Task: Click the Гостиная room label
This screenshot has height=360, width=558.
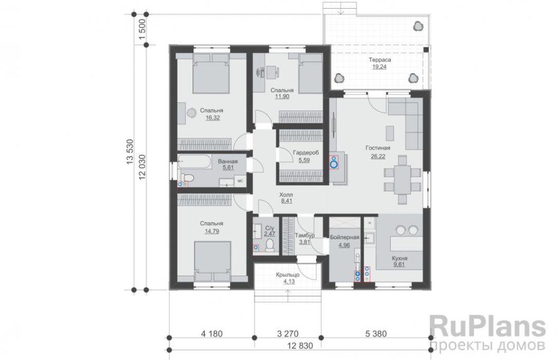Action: point(378,148)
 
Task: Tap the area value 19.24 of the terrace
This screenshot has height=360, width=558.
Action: point(379,67)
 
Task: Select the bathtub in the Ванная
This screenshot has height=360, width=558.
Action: point(195,162)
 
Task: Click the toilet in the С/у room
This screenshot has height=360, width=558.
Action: point(270,245)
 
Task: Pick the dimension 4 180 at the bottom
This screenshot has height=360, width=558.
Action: point(212,334)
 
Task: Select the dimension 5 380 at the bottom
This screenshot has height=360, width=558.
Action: point(376,334)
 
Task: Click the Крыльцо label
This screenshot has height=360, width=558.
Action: point(288,274)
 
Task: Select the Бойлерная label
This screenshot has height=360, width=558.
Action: point(344,237)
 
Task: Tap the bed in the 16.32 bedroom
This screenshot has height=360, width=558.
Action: point(211,73)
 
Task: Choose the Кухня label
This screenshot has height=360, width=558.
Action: point(399,258)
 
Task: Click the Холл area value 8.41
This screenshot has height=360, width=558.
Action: point(287,201)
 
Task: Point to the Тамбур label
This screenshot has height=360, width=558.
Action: point(305,235)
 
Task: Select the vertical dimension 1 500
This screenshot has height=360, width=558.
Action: point(142,30)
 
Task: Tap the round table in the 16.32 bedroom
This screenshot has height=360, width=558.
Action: point(192,112)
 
